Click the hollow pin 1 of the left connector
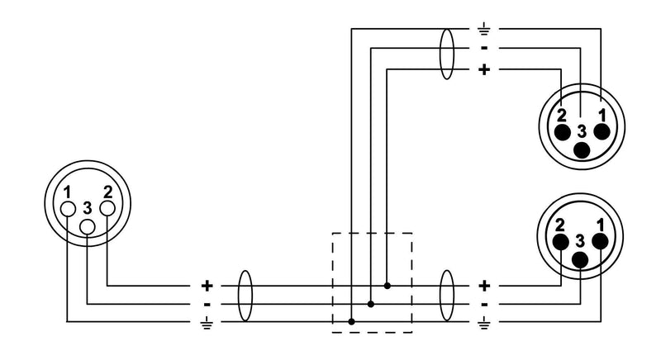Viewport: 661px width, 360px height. tap(68, 209)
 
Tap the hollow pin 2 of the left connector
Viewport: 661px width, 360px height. tap(107, 208)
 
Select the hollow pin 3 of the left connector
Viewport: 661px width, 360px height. tap(88, 227)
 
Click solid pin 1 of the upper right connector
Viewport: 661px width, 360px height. tap(602, 132)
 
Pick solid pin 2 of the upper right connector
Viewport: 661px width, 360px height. tap(563, 132)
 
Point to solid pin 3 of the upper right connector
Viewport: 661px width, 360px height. tap(583, 150)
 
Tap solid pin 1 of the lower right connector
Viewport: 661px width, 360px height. tap(600, 242)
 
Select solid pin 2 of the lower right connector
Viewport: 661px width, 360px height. tap(561, 242)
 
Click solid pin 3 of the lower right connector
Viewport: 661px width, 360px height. tap(580, 260)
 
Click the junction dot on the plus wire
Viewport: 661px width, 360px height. tap(388, 286)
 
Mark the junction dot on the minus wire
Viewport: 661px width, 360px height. tap(370, 304)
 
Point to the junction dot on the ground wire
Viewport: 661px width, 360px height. tap(352, 322)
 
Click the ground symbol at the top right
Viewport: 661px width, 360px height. tap(484, 30)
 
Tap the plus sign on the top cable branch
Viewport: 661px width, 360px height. tap(484, 69)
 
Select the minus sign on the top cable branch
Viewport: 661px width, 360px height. tap(484, 49)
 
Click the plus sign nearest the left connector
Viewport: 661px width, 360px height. tap(207, 286)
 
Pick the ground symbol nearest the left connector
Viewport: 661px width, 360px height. tap(207, 323)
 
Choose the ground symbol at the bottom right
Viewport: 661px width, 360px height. tap(484, 323)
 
